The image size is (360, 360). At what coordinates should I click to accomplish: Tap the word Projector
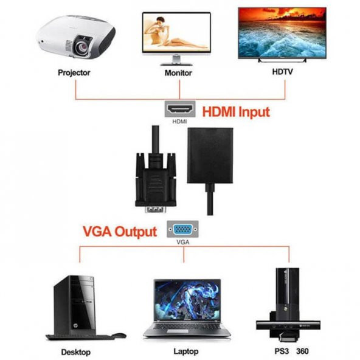[x=74, y=72]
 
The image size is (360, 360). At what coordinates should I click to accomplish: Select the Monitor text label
[x=178, y=72]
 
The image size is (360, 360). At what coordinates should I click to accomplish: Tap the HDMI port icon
[x=180, y=110]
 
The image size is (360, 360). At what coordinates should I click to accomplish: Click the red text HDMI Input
[x=235, y=112]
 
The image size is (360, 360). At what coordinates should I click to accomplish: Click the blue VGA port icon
[x=182, y=230]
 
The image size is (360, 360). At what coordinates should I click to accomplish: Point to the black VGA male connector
[x=155, y=179]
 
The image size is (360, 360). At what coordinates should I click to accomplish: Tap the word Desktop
[x=76, y=352]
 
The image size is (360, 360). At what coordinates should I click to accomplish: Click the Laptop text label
[x=186, y=352]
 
